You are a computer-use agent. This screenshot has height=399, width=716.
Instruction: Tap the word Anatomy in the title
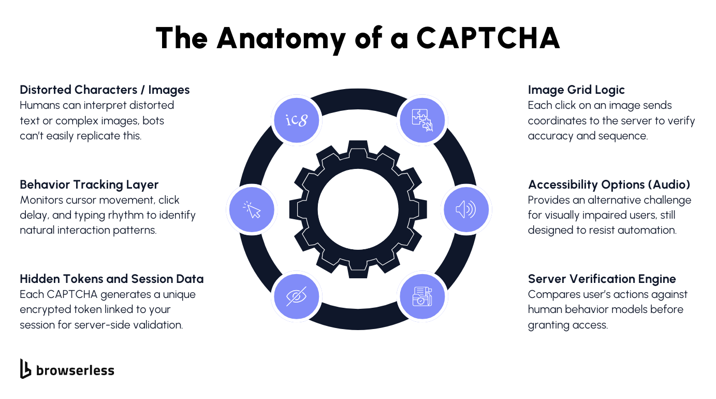281,37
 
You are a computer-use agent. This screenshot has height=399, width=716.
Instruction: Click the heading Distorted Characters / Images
105,90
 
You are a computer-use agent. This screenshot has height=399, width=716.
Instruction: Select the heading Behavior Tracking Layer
89,184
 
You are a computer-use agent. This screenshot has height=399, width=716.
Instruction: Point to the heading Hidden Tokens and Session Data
111,279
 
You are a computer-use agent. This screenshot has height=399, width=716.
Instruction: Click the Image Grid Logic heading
576,90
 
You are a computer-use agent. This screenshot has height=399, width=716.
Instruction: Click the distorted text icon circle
297,120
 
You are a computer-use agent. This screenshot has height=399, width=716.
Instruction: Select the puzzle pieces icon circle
422,120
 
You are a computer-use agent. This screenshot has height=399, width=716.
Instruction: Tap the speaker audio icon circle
466,209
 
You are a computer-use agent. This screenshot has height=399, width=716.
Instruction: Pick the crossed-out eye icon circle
297,296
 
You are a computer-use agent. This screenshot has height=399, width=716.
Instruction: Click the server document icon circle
422,296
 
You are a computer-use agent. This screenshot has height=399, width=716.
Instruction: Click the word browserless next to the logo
75,370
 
